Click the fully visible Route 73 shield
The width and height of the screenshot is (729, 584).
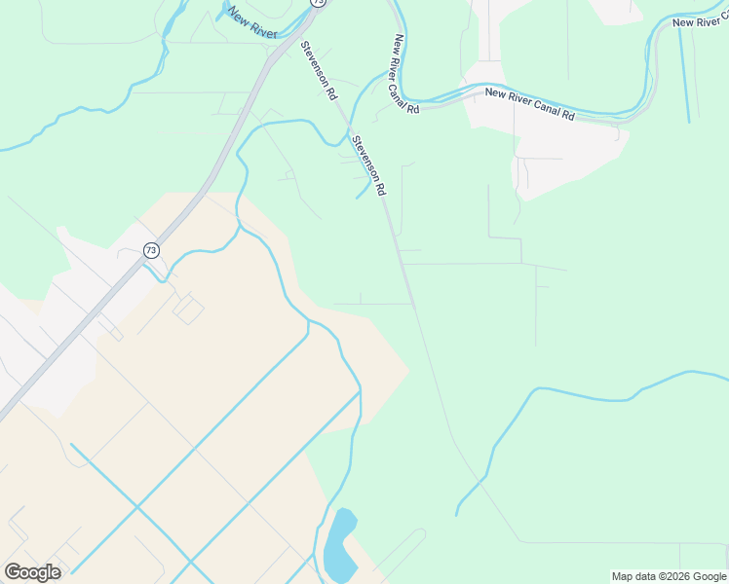coord(150,250)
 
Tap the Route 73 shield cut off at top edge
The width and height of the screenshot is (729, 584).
coord(318,3)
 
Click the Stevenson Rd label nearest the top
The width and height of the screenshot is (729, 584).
coord(319,70)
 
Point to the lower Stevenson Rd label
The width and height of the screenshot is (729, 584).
coord(369,164)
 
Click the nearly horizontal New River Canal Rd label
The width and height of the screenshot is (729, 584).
coord(530,104)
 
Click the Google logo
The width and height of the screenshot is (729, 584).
coord(32,572)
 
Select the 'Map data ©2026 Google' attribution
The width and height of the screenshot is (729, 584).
coord(669,576)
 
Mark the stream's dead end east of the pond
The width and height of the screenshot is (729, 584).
coord(457,514)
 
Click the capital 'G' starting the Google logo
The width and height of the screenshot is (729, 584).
coord(13,572)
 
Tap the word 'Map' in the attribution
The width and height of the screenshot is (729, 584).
coord(622,576)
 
